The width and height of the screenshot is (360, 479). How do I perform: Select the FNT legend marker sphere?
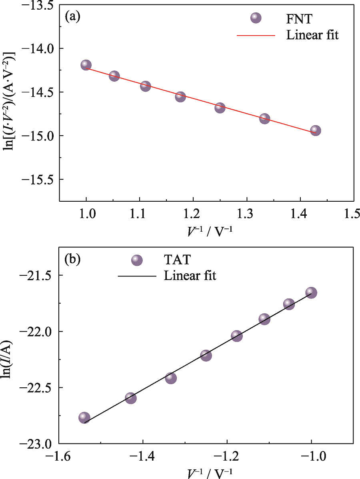(256, 18)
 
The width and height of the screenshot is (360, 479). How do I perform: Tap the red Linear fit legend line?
(256, 35)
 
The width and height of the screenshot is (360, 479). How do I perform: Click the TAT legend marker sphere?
(137, 261)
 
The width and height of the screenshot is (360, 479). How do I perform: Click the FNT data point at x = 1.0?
(86, 65)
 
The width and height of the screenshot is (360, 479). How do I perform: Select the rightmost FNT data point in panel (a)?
(316, 130)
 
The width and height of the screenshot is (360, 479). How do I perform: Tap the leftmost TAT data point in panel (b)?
(84, 417)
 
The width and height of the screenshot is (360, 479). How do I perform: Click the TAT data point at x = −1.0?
(311, 293)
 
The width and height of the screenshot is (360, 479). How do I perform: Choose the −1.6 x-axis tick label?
(59, 457)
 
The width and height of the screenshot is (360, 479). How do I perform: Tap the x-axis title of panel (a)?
(206, 230)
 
